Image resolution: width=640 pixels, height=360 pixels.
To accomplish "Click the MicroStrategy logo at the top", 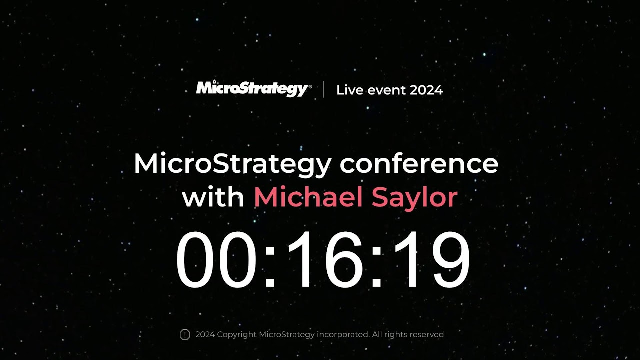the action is pos(253,89).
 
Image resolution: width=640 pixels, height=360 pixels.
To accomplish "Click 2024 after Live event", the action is pos(426,90).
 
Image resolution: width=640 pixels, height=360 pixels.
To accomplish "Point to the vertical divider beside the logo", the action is pos(323,89).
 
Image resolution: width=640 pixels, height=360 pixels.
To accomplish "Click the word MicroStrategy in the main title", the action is pos(233,164).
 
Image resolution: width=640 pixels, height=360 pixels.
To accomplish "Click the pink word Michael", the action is pos(308,197).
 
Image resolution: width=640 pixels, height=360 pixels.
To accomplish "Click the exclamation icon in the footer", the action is pos(185,334).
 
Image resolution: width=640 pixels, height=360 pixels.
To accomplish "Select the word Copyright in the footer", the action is pos(237,335).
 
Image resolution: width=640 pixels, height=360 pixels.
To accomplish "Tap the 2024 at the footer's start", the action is pos(205,334).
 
